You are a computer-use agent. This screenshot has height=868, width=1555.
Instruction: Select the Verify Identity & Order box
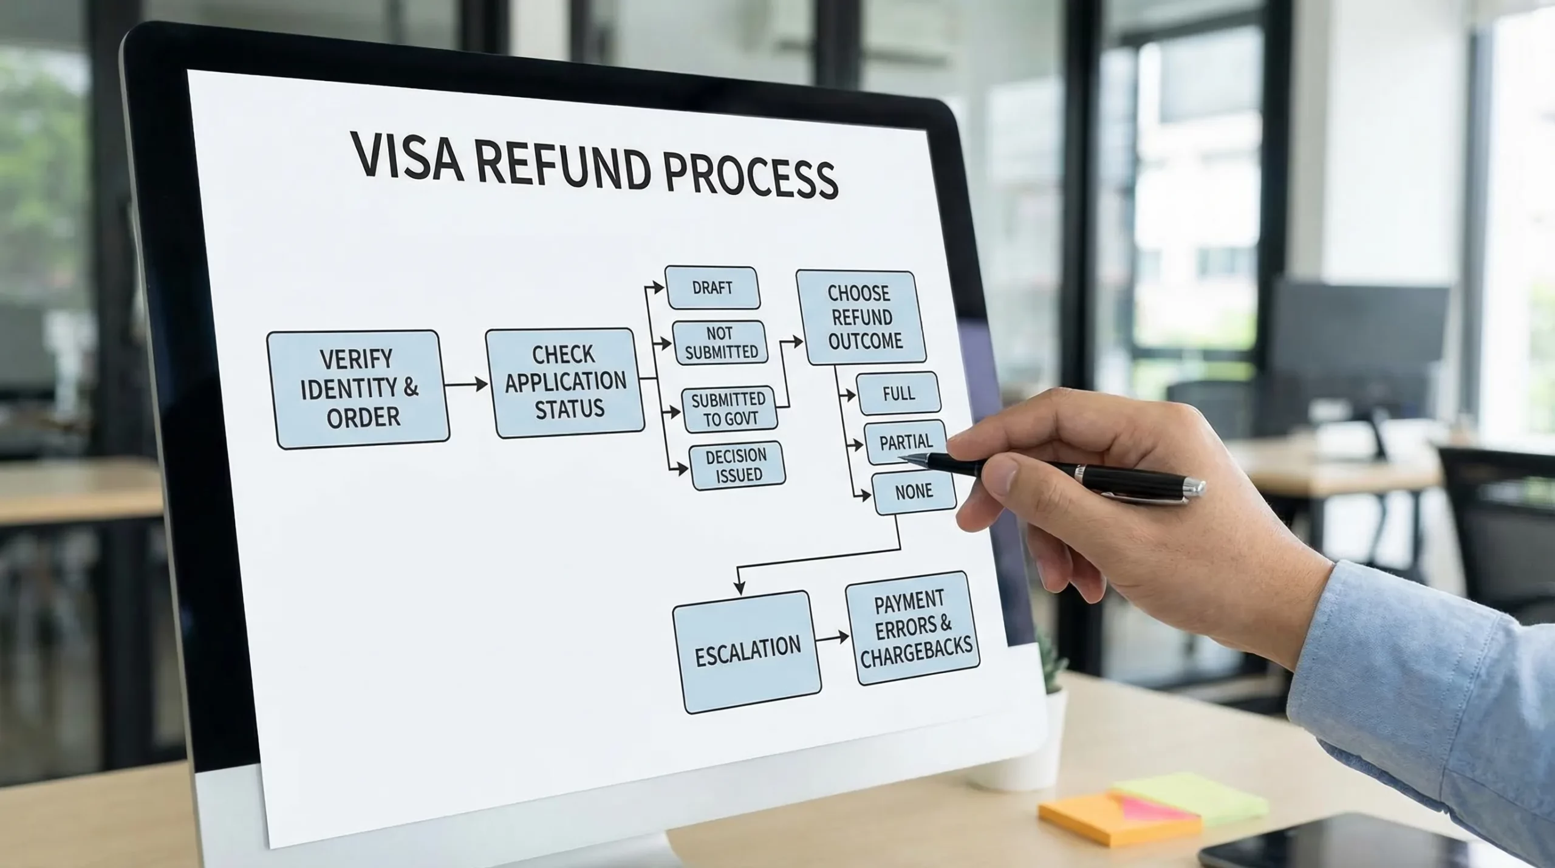coord(358,389)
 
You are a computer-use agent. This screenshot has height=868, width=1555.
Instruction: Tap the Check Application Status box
coord(565,383)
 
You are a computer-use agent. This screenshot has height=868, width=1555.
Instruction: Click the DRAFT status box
coord(713,287)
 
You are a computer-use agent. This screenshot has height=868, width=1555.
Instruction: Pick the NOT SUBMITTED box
coord(720,343)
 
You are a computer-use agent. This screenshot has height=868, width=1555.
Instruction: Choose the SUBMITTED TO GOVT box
coord(729,409)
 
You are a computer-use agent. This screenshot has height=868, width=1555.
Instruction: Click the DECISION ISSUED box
coord(737,465)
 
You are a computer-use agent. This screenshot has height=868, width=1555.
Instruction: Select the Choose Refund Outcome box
coord(861,317)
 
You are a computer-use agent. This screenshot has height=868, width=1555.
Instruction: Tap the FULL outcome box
coord(898,394)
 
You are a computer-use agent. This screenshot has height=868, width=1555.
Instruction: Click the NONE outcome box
coord(914,492)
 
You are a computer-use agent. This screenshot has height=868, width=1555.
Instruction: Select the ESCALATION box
coord(747,651)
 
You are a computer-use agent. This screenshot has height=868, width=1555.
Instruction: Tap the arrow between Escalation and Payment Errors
coord(833,638)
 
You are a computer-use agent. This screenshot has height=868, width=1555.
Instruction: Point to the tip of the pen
coord(901,457)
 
